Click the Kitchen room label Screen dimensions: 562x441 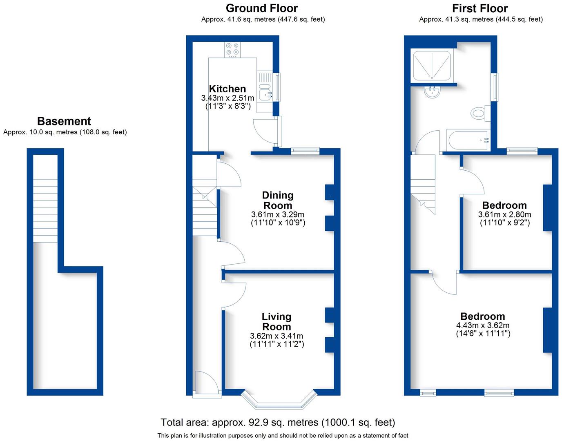click(227, 89)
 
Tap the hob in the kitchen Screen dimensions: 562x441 click(232, 50)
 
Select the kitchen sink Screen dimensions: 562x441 click(265, 92)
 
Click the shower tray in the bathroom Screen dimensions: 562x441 click(432, 65)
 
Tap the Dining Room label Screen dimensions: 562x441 click(278, 200)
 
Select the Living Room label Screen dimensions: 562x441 click(277, 322)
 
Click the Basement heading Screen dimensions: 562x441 click(64, 121)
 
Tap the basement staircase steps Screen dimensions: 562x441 click(45, 210)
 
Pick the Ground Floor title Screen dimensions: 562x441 click(262, 8)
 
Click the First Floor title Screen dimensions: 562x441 click(480, 9)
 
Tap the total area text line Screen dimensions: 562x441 click(278, 422)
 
